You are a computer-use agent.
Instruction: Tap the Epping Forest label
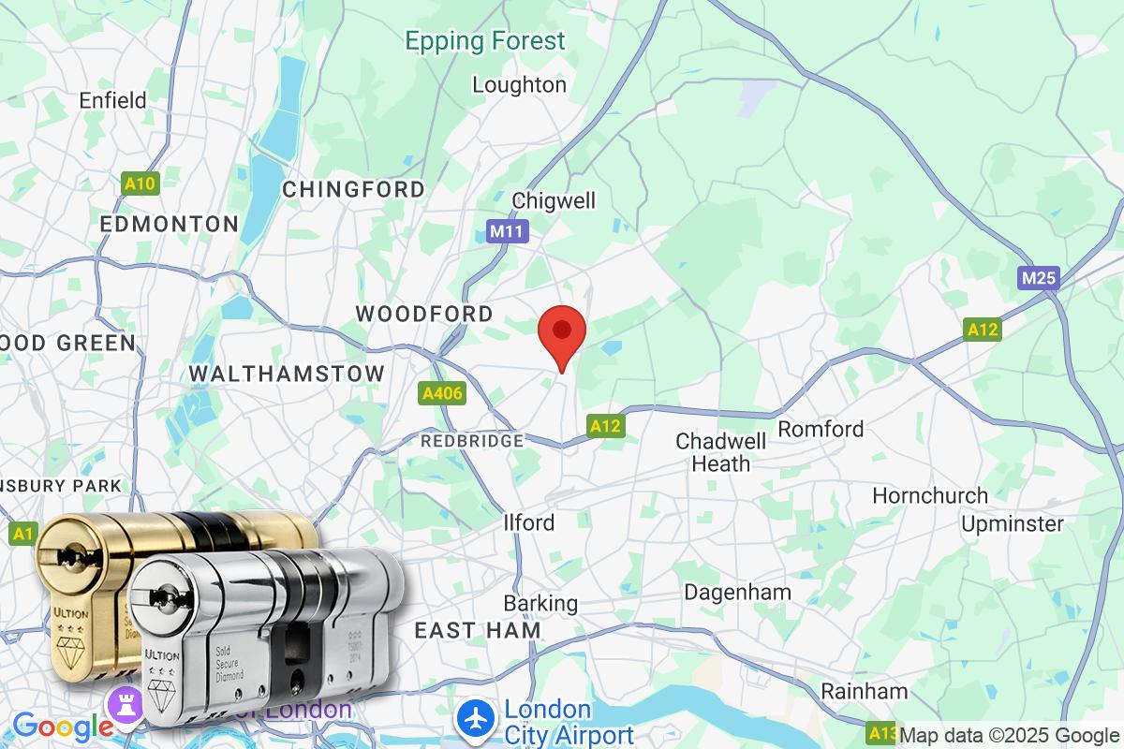(485, 41)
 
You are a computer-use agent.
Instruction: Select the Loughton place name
(519, 85)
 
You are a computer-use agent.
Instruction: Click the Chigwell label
(554, 200)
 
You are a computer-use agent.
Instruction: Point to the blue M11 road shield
(508, 231)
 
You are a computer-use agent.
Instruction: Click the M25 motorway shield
(1039, 278)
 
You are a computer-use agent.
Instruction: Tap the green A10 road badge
(140, 184)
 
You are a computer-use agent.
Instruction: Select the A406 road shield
(442, 394)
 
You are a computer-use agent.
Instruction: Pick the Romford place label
(821, 429)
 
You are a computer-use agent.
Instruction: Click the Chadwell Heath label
(713, 451)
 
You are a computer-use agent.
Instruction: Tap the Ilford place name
(529, 522)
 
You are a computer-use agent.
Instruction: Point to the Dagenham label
(737, 592)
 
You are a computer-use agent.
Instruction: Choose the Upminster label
(1013, 523)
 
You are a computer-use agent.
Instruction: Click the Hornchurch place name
(929, 495)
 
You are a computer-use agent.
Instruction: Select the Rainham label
(865, 692)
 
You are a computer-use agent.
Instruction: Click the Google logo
(63, 726)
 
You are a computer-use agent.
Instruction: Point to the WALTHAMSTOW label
(287, 374)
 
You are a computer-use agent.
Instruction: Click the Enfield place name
(113, 100)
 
